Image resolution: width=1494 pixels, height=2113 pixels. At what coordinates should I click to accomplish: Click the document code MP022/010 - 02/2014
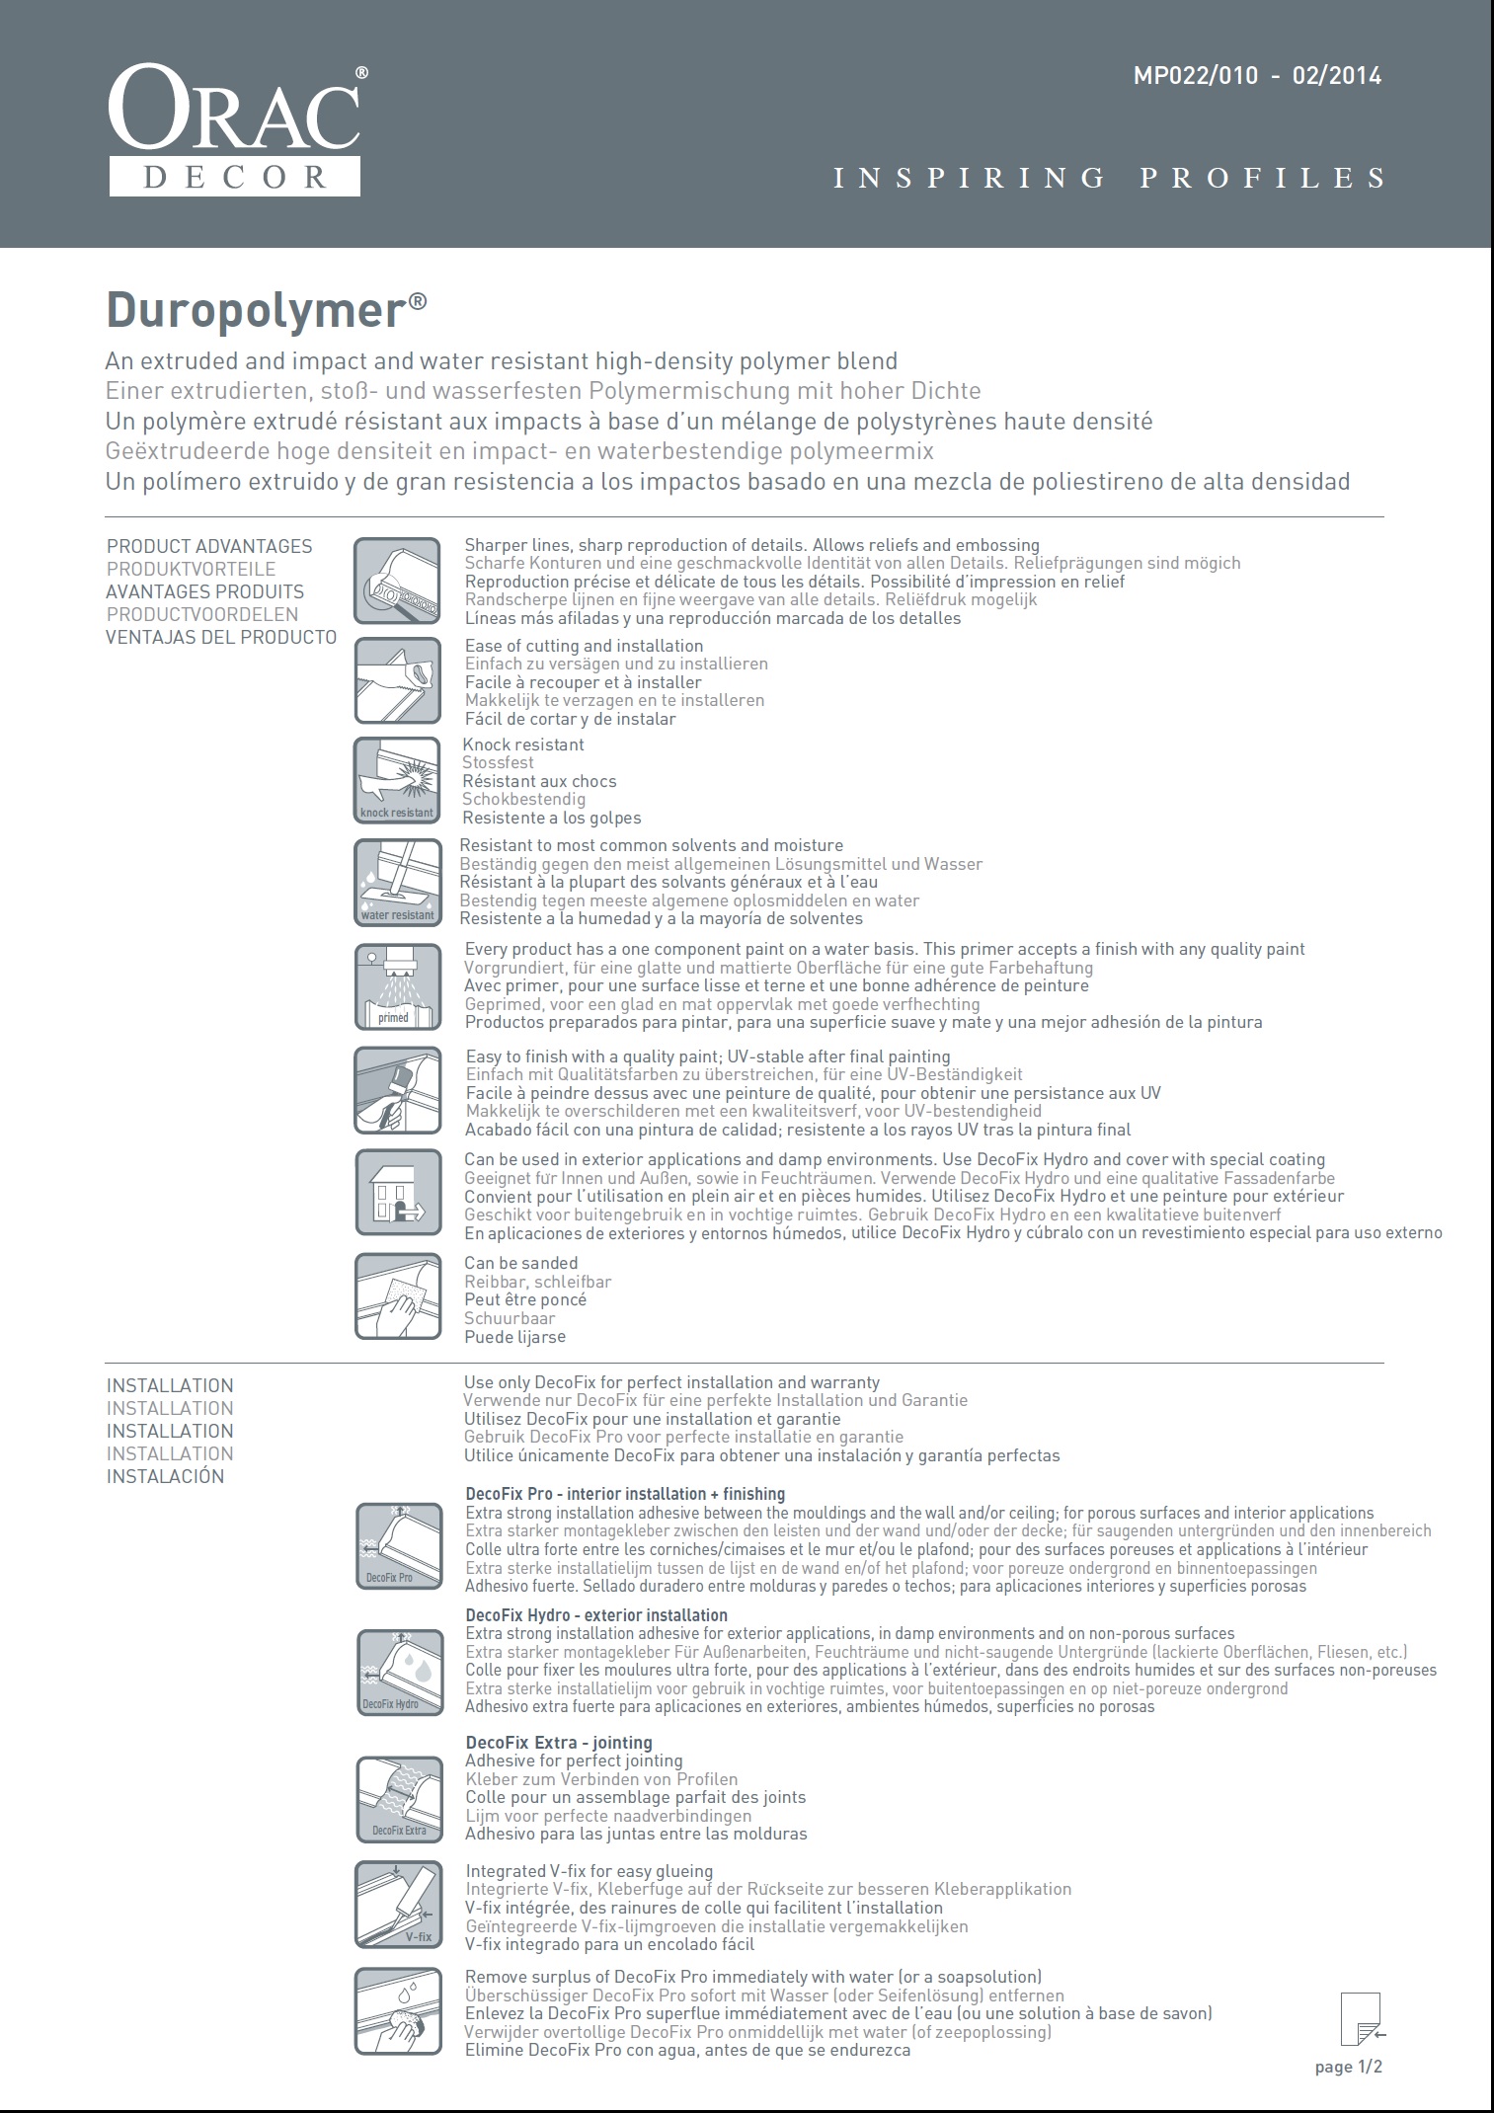[x=1256, y=76]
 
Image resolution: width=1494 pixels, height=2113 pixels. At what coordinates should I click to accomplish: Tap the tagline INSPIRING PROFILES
[x=1110, y=178]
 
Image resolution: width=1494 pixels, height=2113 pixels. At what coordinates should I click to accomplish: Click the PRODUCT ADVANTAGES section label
[x=209, y=546]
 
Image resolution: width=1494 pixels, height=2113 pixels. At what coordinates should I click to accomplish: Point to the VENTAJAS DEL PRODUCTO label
[x=221, y=637]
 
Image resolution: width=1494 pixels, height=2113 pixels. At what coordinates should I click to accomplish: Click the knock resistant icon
[x=397, y=780]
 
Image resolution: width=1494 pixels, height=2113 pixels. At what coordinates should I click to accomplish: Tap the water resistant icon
[x=397, y=882]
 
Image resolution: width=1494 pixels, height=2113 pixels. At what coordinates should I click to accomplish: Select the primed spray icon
[x=397, y=986]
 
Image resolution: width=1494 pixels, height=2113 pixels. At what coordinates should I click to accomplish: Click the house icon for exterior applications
[x=397, y=1193]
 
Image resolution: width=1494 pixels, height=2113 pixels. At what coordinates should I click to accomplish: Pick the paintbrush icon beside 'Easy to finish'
[x=397, y=1090]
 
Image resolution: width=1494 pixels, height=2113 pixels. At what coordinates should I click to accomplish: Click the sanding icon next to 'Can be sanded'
[x=397, y=1296]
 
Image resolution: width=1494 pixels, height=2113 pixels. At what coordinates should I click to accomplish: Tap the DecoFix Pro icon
[x=397, y=1546]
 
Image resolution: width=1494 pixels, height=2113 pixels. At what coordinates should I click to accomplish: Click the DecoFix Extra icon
[x=397, y=1799]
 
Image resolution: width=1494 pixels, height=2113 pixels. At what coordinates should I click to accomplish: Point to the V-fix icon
[x=397, y=1905]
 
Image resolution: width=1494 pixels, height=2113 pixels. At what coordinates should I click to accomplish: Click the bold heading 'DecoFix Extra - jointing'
[x=559, y=1743]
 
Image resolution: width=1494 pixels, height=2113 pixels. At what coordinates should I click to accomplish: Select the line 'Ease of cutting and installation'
[x=584, y=646]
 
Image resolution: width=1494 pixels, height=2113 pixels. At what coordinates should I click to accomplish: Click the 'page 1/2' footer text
[x=1348, y=2067]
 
